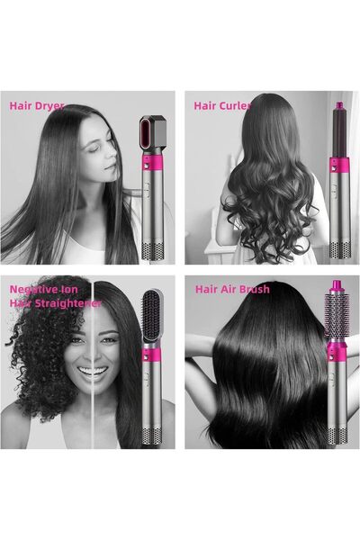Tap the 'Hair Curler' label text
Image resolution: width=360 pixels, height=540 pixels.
(222, 105)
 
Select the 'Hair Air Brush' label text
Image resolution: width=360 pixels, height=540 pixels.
(231, 290)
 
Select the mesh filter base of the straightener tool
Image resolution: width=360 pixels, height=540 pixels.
(150, 436)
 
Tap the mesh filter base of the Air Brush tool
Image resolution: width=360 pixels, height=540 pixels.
(337, 436)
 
